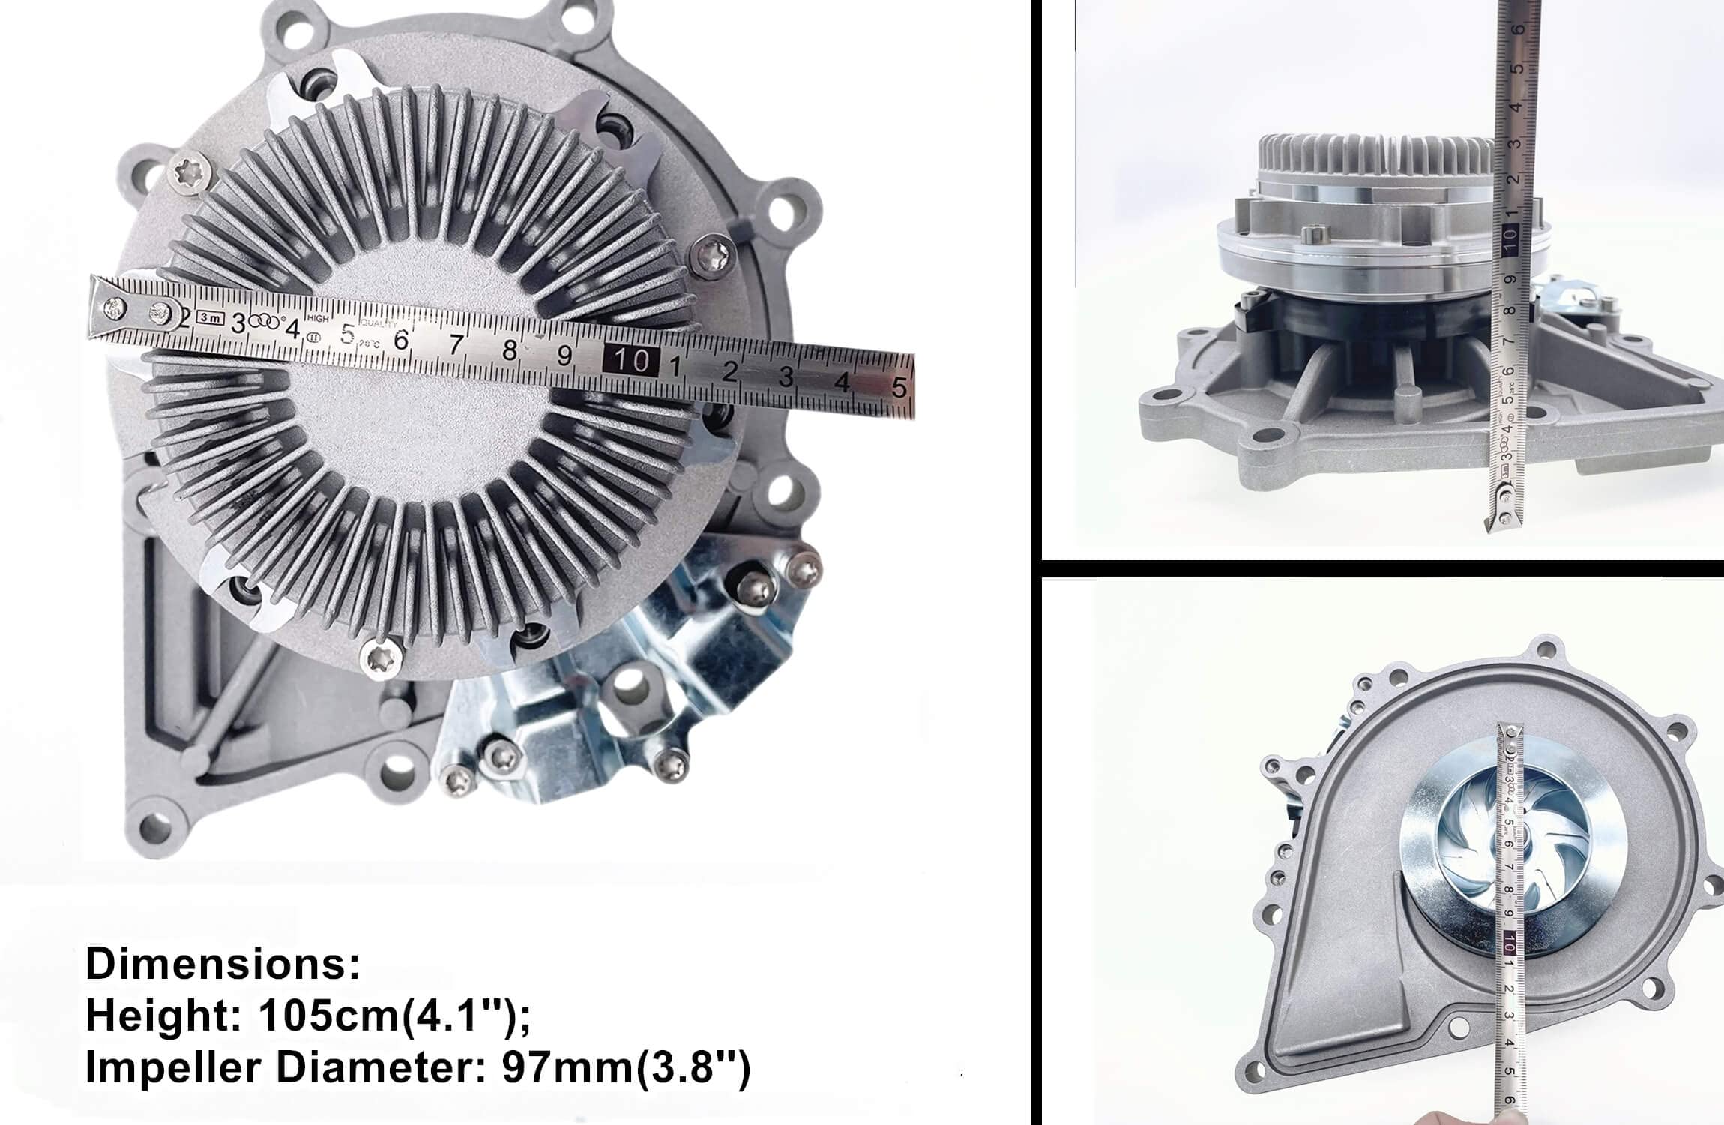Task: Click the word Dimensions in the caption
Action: [x=222, y=964]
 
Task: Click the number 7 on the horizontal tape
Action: [x=456, y=345]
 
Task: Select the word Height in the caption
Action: [x=161, y=1016]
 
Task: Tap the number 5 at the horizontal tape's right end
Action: [x=899, y=385]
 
